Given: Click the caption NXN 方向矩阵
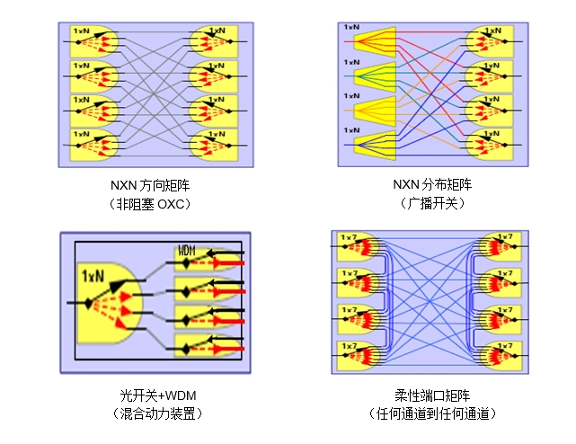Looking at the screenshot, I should click(150, 185).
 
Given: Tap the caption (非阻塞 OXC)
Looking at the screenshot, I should click(150, 203).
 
